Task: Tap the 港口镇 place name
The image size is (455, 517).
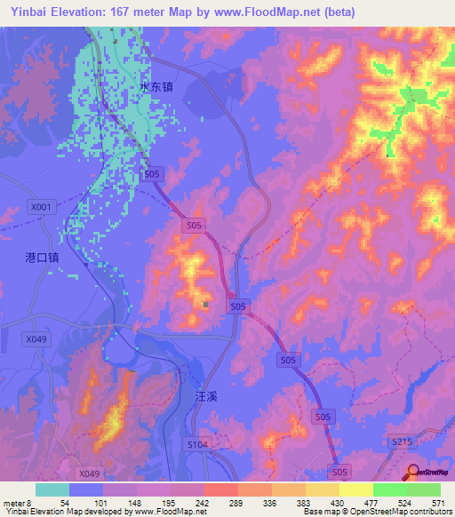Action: [x=42, y=257]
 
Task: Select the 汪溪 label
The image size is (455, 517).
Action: [x=205, y=399]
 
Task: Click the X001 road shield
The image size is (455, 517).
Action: [x=41, y=207]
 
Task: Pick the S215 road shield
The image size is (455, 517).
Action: [x=403, y=441]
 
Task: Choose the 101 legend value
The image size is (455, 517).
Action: [x=103, y=503]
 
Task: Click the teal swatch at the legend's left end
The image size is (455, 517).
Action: [x=52, y=489]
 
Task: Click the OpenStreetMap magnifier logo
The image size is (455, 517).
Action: [x=412, y=472]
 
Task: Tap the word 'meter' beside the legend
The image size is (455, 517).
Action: [x=14, y=503]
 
